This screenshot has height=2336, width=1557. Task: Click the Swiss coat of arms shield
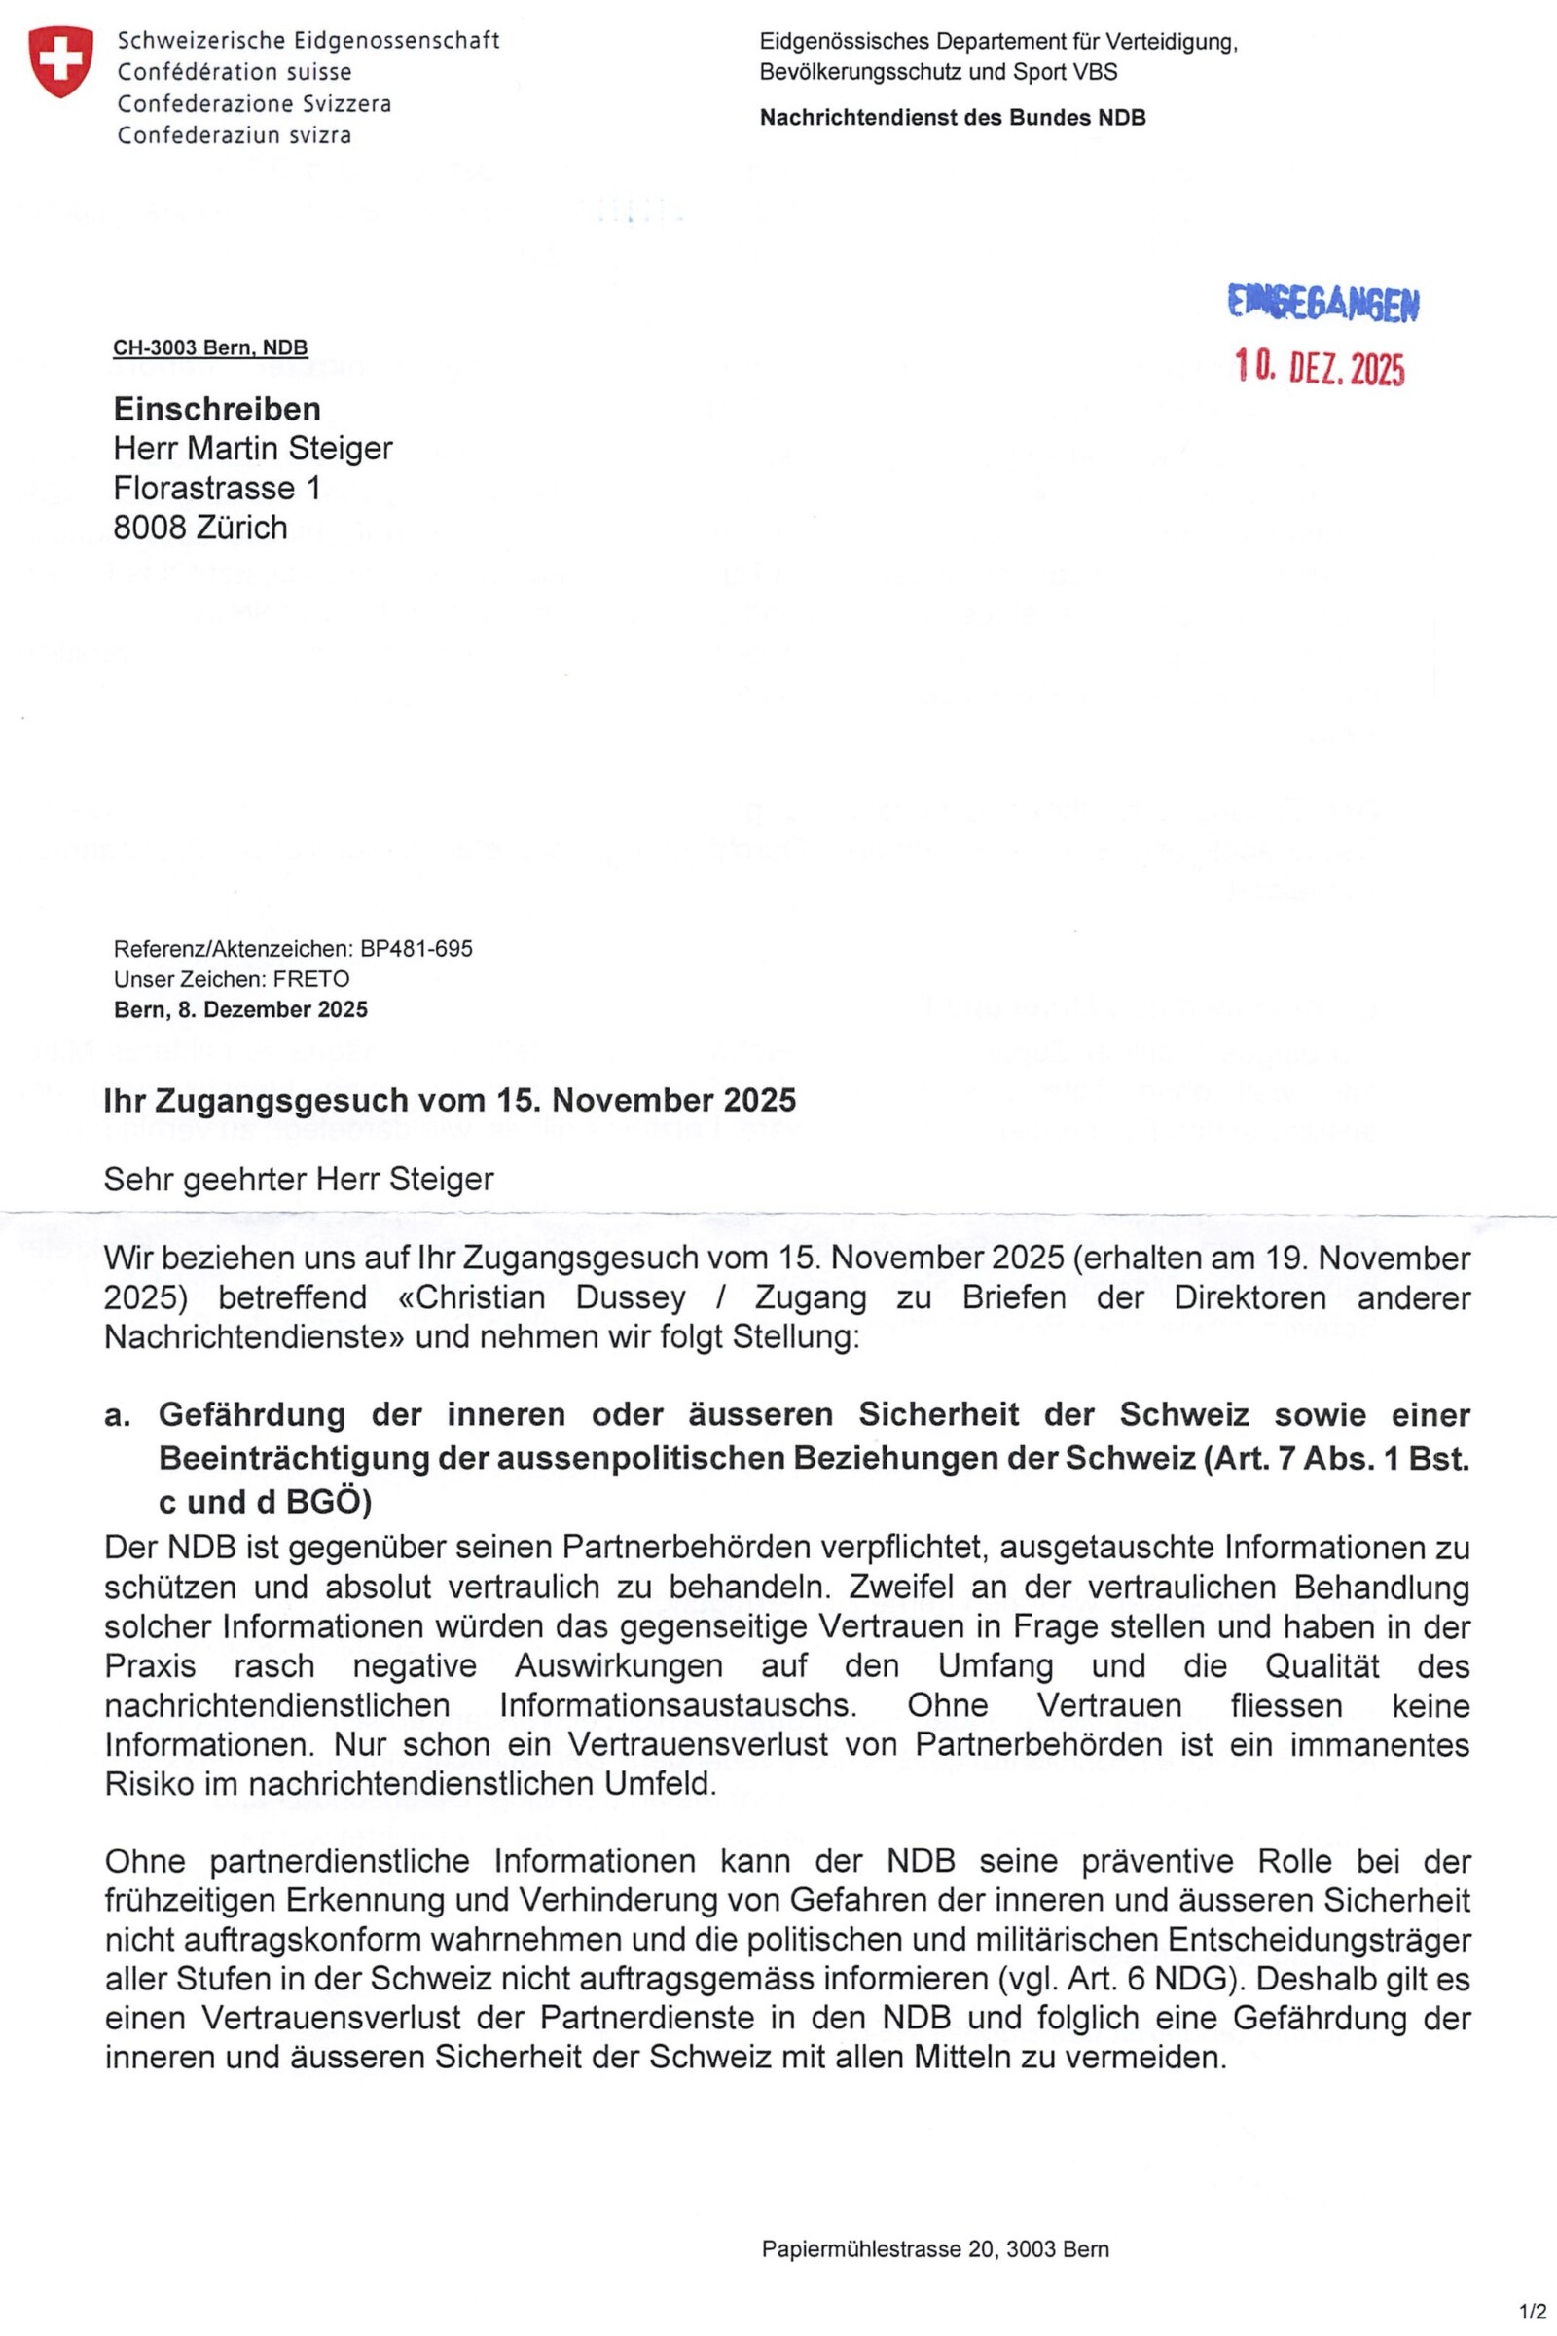(61, 61)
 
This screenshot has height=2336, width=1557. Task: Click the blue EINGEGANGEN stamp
(1323, 303)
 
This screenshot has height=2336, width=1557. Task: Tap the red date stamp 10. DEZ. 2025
(1320, 369)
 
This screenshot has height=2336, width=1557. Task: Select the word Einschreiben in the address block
(216, 408)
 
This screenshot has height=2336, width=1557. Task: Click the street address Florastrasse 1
(216, 488)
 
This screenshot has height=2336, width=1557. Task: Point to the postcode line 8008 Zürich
(199, 528)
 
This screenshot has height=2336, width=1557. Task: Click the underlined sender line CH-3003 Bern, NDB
(210, 347)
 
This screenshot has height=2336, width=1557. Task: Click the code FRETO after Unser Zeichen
(310, 978)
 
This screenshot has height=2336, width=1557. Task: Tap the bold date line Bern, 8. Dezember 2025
(240, 1009)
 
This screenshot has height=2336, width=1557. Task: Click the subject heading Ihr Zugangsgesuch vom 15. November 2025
(449, 1100)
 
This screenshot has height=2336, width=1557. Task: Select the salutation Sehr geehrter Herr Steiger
(299, 1179)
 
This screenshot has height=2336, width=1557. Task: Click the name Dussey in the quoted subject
(631, 1297)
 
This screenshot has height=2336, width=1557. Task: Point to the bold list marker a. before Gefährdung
(118, 1414)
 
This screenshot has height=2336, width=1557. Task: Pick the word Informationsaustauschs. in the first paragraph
(678, 1705)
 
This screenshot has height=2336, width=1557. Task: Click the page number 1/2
(1531, 2310)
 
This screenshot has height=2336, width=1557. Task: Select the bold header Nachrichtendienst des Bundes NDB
(953, 117)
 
